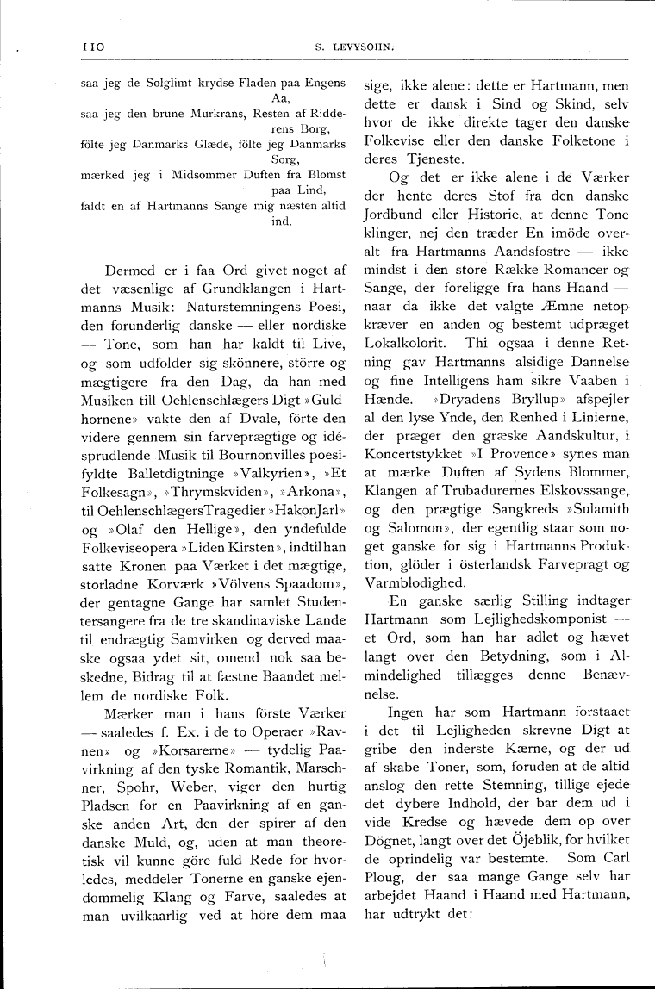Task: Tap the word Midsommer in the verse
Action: click(199, 175)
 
